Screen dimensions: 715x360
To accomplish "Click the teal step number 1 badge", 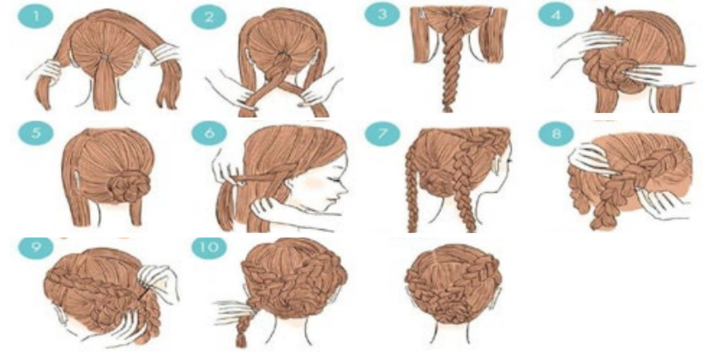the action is point(35,18).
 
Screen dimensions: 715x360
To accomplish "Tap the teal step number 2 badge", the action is point(209,18).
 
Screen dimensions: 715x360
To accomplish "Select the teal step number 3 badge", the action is point(382,15).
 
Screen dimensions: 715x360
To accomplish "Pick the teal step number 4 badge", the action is point(556,15).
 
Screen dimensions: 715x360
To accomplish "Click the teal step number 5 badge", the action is point(35,133).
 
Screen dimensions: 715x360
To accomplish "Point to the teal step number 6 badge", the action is point(209,133).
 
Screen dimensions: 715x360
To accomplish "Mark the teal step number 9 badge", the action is point(35,248).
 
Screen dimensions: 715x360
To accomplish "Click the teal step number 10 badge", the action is point(209,248).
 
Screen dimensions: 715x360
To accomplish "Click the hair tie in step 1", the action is point(105,57).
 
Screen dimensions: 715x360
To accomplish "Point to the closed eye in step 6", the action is point(338,181).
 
